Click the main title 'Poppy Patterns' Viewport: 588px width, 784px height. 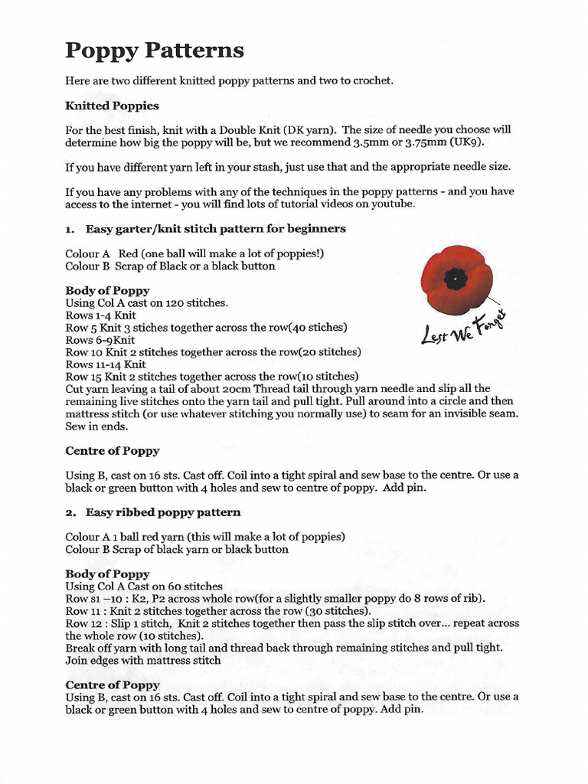(x=155, y=51)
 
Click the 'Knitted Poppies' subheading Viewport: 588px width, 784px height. (x=112, y=106)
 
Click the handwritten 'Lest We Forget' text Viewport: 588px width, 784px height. (x=465, y=326)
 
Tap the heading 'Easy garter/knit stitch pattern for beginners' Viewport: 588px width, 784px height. (x=215, y=228)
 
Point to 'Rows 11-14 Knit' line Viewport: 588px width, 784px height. (x=106, y=364)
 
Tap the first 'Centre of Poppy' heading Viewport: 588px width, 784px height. (x=112, y=451)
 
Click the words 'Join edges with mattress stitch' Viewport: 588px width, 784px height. (x=143, y=660)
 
